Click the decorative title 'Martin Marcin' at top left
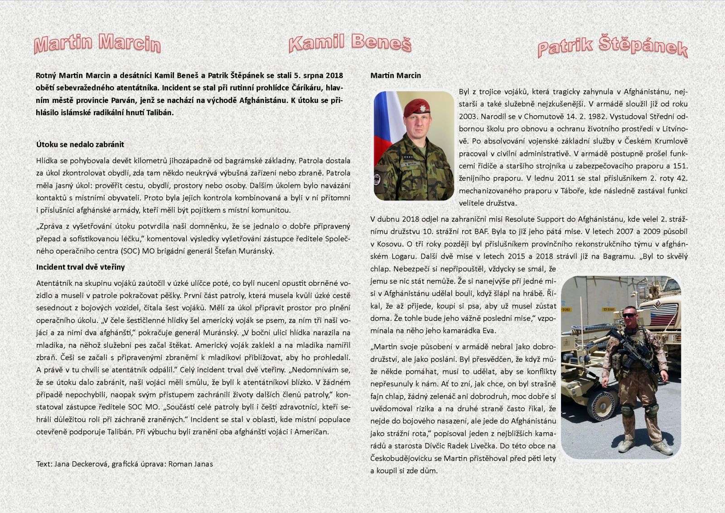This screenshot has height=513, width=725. (x=97, y=44)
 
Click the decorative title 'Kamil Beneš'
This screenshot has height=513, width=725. (x=350, y=44)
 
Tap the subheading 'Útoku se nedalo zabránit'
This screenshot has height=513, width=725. (x=80, y=144)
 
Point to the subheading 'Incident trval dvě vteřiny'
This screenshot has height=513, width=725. (x=81, y=267)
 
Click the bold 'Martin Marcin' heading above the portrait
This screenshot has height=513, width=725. (x=396, y=75)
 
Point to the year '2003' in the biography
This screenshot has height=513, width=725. (x=468, y=116)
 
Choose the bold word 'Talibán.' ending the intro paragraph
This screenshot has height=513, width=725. (x=159, y=112)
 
